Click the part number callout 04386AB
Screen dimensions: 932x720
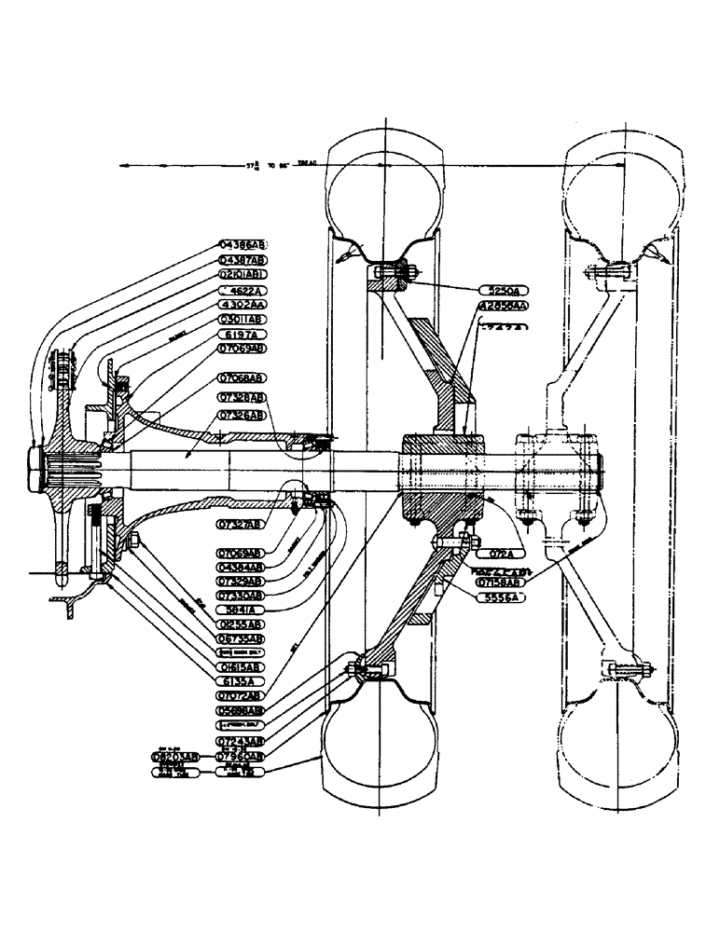(x=242, y=245)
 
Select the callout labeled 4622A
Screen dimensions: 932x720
(x=242, y=290)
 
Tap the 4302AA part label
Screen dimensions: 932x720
(x=242, y=305)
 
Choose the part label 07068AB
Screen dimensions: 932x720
(x=242, y=378)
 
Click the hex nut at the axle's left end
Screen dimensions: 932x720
(x=35, y=465)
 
